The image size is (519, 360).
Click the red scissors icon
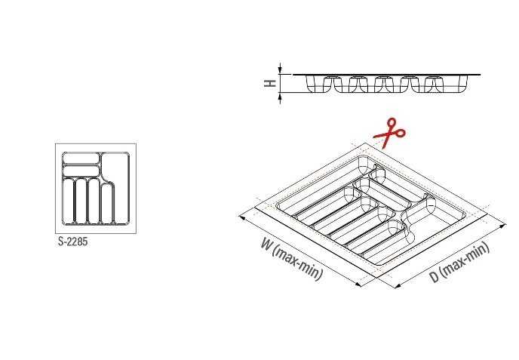389,134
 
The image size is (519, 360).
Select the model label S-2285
73,242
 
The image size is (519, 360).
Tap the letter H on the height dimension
270,83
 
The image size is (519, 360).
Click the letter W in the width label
266,244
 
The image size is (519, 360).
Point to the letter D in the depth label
435,276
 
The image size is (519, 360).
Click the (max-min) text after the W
297,263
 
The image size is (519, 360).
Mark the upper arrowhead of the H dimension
280,69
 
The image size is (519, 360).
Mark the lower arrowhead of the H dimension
280,97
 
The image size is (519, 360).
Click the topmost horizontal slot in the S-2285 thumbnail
81,158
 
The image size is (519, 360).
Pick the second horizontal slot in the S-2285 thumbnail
81,171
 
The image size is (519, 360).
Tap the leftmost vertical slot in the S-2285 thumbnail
69,201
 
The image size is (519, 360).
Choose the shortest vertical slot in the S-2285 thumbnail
107,204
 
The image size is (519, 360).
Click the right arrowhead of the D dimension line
502,226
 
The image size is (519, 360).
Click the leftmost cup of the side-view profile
314,84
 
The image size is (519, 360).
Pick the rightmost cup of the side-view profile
462,84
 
